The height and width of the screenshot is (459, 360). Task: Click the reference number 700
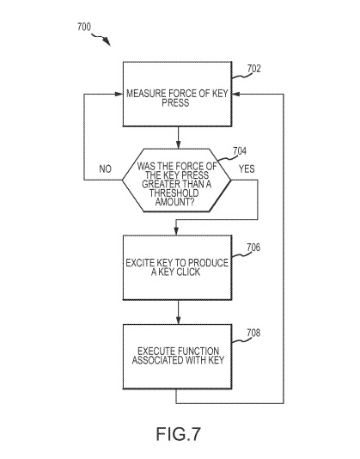click(84, 27)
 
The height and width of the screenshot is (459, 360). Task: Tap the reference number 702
click(253, 69)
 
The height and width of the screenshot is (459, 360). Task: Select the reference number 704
click(240, 151)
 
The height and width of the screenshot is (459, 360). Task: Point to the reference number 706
click(253, 248)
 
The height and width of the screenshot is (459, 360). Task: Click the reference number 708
click(253, 333)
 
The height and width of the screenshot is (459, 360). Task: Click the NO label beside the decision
click(106, 169)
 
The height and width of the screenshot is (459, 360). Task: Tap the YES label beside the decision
click(247, 169)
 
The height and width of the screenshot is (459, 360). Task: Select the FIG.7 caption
click(178, 434)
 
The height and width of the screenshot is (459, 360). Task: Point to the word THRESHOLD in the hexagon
click(174, 193)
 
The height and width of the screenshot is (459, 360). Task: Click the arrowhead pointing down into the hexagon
click(178, 144)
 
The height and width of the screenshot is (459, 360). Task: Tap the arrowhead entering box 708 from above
click(178, 321)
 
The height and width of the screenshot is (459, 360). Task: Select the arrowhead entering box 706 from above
click(176, 231)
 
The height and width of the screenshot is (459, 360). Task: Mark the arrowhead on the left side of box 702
click(119, 94)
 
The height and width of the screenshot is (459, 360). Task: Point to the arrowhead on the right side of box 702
click(236, 94)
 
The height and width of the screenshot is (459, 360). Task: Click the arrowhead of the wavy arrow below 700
click(107, 42)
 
